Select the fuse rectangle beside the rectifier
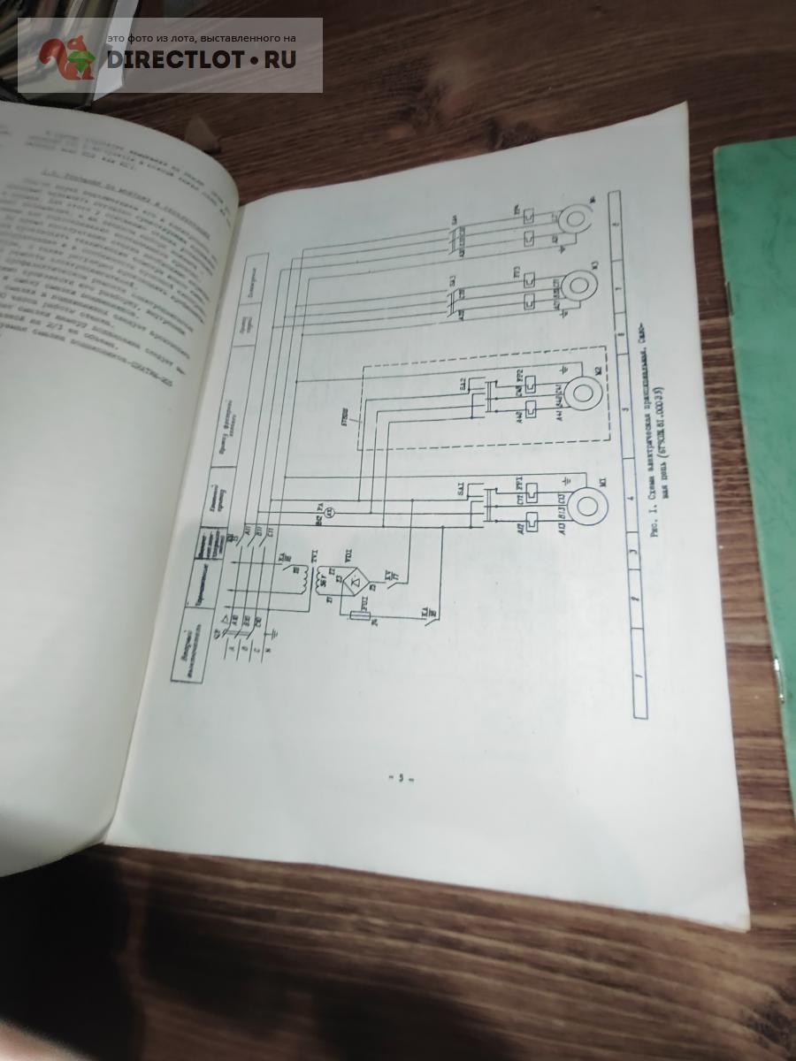pyautogui.click(x=362, y=615)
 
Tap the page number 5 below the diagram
pyautogui.click(x=400, y=779)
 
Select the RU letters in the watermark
pyautogui.click(x=278, y=59)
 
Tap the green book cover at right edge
pyautogui.click(x=761, y=354)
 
